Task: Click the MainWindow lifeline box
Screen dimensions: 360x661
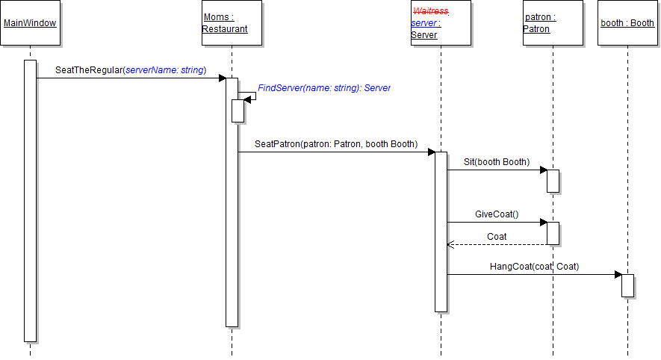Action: point(30,23)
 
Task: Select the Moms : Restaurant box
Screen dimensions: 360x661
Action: point(232,23)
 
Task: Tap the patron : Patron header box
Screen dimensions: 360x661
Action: point(553,23)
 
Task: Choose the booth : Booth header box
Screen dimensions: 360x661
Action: point(627,23)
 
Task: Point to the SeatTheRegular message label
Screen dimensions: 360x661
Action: point(130,70)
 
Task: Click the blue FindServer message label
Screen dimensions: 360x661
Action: point(324,88)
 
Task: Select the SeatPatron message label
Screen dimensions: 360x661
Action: point(336,144)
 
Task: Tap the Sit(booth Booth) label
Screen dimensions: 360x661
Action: point(496,162)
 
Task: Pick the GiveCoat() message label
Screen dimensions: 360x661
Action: point(497,214)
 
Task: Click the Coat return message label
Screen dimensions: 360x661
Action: point(497,237)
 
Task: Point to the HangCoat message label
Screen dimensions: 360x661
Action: point(534,267)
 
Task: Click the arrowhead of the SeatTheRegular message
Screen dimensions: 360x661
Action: point(222,78)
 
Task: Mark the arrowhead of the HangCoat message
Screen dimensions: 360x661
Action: point(618,274)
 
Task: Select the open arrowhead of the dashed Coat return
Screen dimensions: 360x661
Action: point(450,244)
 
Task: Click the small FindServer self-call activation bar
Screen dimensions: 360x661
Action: point(238,110)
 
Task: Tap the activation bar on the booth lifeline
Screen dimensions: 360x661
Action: point(627,285)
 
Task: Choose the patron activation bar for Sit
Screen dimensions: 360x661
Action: point(553,181)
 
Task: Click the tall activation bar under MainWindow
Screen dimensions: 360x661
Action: point(30,200)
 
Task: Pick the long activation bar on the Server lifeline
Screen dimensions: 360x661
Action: point(441,232)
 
